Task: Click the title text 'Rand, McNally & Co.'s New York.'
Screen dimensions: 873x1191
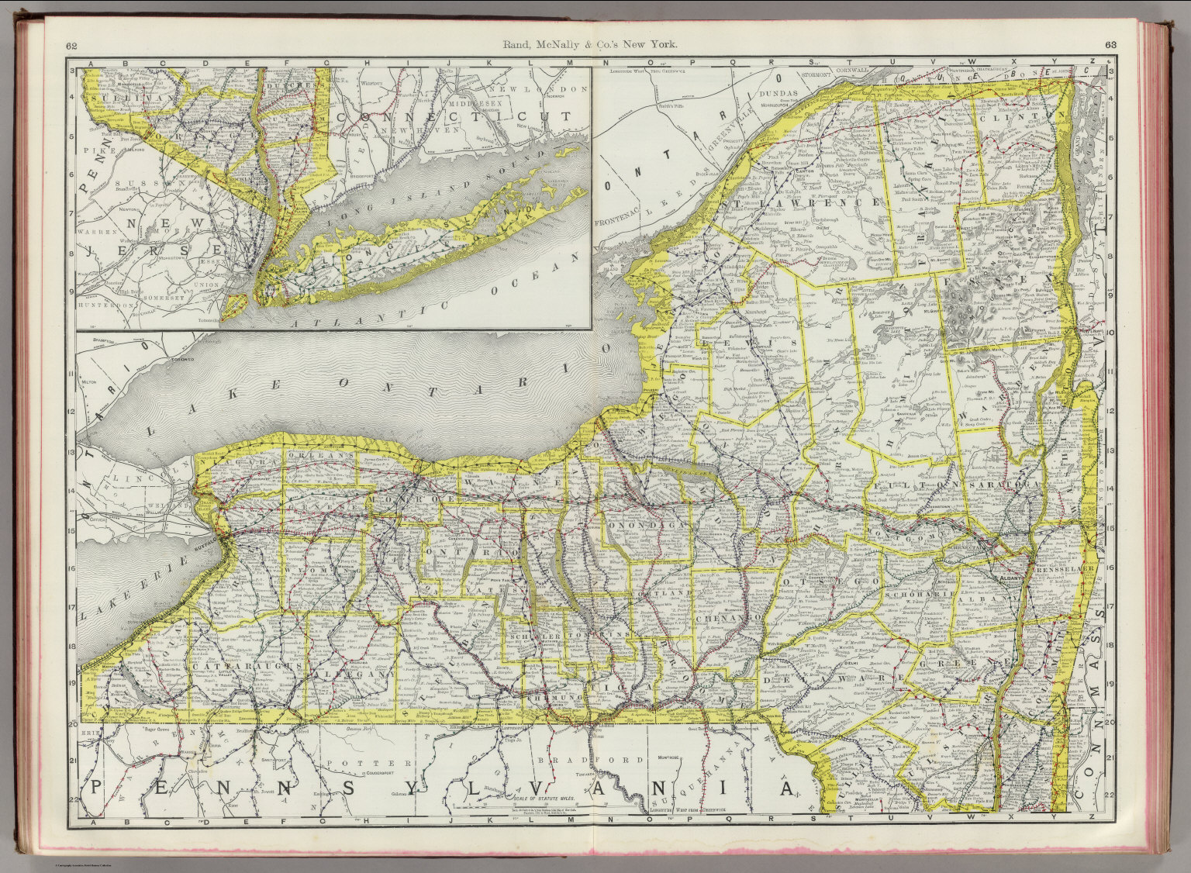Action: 595,45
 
